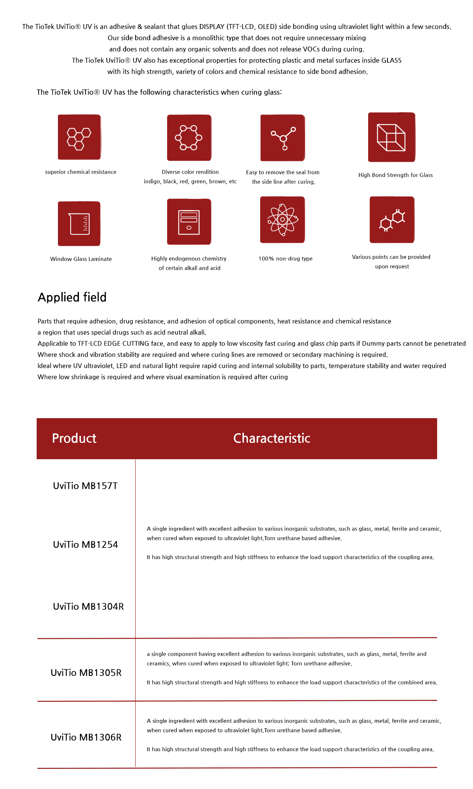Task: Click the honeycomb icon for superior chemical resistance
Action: (79, 137)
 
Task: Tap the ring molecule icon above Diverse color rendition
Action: (189, 138)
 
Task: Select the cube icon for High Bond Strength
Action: (391, 137)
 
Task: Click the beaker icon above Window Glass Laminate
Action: (79, 224)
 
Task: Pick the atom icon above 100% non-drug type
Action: (282, 220)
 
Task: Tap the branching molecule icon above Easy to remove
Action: (283, 138)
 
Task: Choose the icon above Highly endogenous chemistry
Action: (189, 222)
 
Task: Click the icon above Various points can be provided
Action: (392, 220)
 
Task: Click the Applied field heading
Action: (72, 297)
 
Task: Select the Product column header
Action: (74, 438)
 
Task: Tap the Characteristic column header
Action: (272, 438)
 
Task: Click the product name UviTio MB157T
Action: (85, 486)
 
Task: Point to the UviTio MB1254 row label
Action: (86, 544)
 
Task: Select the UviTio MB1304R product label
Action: (88, 606)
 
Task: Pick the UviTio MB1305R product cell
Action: (86, 673)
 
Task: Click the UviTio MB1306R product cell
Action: (86, 737)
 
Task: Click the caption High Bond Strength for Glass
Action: (395, 175)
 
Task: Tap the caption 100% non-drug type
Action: (285, 259)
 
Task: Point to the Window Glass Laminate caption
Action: (81, 259)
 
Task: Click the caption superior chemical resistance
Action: (80, 172)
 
